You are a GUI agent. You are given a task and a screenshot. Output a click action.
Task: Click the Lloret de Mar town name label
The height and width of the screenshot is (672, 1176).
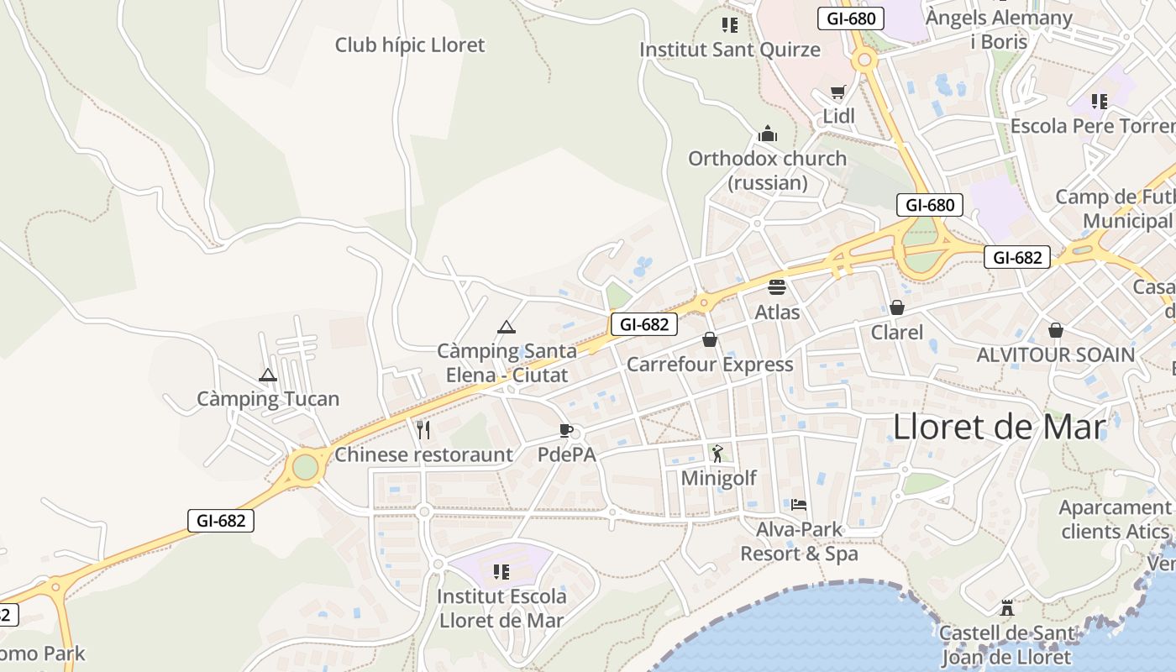[x=999, y=427]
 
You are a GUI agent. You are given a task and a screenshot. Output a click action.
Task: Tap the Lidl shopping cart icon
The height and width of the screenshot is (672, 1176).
[x=837, y=92]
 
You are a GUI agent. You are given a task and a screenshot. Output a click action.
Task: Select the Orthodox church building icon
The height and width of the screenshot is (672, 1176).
[x=767, y=134]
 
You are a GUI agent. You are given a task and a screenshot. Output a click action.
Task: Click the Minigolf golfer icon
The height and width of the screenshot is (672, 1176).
[x=717, y=454]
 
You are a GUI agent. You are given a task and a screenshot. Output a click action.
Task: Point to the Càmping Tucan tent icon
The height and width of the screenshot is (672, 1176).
[x=268, y=375]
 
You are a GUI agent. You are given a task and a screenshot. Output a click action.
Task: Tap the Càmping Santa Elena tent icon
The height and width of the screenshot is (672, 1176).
[x=506, y=326]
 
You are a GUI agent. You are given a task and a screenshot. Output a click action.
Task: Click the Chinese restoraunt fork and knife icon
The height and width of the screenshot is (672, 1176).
[x=423, y=430]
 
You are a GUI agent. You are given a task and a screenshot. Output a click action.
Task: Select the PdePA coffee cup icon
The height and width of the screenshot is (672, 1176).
[x=566, y=430]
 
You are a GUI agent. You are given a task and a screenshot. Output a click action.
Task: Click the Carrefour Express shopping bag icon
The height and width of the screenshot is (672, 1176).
[x=710, y=339]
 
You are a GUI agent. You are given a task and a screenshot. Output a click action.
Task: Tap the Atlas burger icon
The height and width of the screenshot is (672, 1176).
[x=777, y=286]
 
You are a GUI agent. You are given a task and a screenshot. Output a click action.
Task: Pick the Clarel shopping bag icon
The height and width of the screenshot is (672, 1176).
[x=897, y=307]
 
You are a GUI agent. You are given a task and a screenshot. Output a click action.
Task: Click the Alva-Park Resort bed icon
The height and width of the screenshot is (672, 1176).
[x=799, y=505]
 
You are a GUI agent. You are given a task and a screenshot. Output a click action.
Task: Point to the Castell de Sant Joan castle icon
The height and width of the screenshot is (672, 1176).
[x=1006, y=608]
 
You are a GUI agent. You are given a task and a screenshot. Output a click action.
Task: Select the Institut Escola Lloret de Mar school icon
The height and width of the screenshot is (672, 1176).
[x=501, y=572]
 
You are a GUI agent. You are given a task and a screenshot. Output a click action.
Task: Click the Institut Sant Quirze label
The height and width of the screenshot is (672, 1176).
[x=730, y=50]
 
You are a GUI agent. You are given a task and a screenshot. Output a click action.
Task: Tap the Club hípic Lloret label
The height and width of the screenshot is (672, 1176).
[x=410, y=45]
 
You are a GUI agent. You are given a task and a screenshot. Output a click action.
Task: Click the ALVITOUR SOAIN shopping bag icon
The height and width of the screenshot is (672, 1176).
[x=1055, y=330]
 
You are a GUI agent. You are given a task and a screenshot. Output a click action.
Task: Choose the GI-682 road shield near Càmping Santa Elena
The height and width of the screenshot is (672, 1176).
[x=643, y=324]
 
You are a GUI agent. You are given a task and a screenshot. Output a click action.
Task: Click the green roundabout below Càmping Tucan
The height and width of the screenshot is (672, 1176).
[x=305, y=467]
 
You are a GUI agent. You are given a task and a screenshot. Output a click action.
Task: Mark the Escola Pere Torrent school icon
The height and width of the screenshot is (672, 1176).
[x=1100, y=102]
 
